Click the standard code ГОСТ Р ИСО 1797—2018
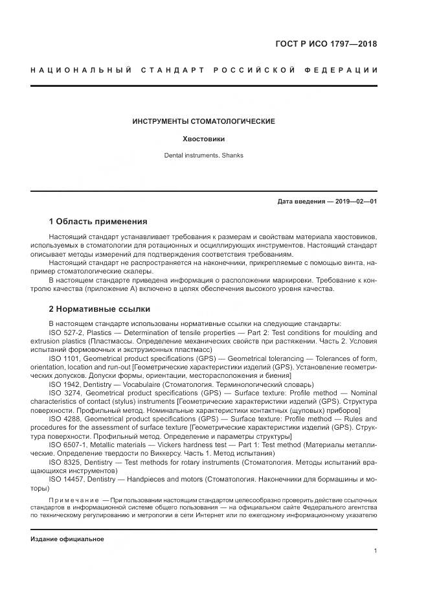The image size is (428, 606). click(x=326, y=44)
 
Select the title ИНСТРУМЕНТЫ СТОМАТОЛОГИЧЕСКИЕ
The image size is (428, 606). click(x=204, y=121)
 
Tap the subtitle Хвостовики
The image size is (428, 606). click(x=204, y=139)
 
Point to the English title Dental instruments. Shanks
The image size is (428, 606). click(x=204, y=156)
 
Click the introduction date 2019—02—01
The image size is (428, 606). click(x=355, y=202)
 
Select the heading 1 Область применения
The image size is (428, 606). click(x=98, y=221)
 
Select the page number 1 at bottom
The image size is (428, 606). click(x=376, y=550)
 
